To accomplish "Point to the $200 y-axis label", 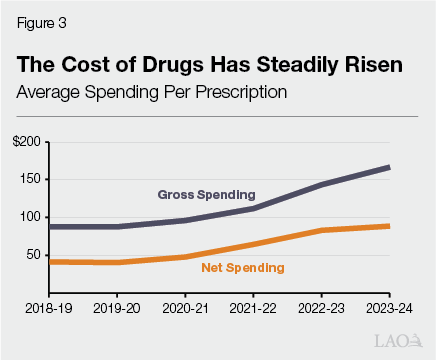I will coord(27,142).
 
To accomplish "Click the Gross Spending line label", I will coord(207,193).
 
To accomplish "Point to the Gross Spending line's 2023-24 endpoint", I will coord(389,167).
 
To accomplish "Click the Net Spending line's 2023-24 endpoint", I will coord(389,226).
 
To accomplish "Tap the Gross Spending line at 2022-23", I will coord(322,184).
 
